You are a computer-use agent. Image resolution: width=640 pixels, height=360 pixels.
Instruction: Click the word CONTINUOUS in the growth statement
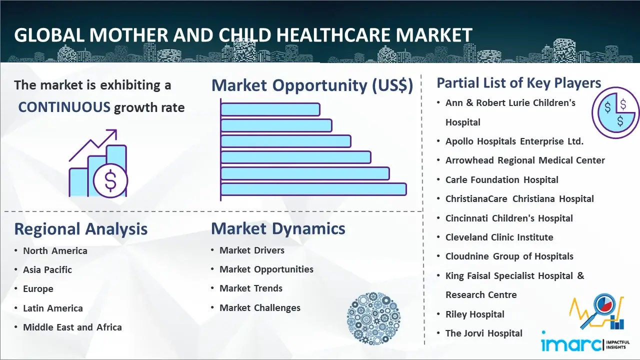point(64,107)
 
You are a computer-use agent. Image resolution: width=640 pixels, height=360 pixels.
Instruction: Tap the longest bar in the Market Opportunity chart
point(313,189)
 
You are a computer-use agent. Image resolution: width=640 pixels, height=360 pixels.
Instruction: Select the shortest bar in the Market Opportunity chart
point(270,109)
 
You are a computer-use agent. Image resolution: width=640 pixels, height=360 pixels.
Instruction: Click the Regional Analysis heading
point(81,229)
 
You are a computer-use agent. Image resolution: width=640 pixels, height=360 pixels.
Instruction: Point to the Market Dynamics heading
point(278,228)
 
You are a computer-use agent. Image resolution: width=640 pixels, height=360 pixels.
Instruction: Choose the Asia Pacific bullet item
point(47,269)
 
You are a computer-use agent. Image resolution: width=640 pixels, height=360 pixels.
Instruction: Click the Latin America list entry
point(53,308)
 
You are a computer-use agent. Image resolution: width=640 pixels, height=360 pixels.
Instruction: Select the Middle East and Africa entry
point(72,327)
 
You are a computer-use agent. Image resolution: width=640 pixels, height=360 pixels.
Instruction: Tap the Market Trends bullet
point(251,288)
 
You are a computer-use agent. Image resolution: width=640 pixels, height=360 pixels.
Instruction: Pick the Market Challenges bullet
point(260,307)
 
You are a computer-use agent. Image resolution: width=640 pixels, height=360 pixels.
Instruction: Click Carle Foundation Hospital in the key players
point(501,179)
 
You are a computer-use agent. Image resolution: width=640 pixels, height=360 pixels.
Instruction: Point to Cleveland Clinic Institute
point(499,237)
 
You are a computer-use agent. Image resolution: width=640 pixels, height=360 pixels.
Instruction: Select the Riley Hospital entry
point(475,314)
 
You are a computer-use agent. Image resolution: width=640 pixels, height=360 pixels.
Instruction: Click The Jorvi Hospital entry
point(483,333)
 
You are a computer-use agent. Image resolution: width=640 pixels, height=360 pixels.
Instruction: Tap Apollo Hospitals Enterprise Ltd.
point(514,141)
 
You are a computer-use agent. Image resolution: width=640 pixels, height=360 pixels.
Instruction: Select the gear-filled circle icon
point(373,318)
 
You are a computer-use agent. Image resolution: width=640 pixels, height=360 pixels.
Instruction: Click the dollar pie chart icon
point(615,112)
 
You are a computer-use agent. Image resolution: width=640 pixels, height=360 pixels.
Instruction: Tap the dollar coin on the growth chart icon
point(110,180)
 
